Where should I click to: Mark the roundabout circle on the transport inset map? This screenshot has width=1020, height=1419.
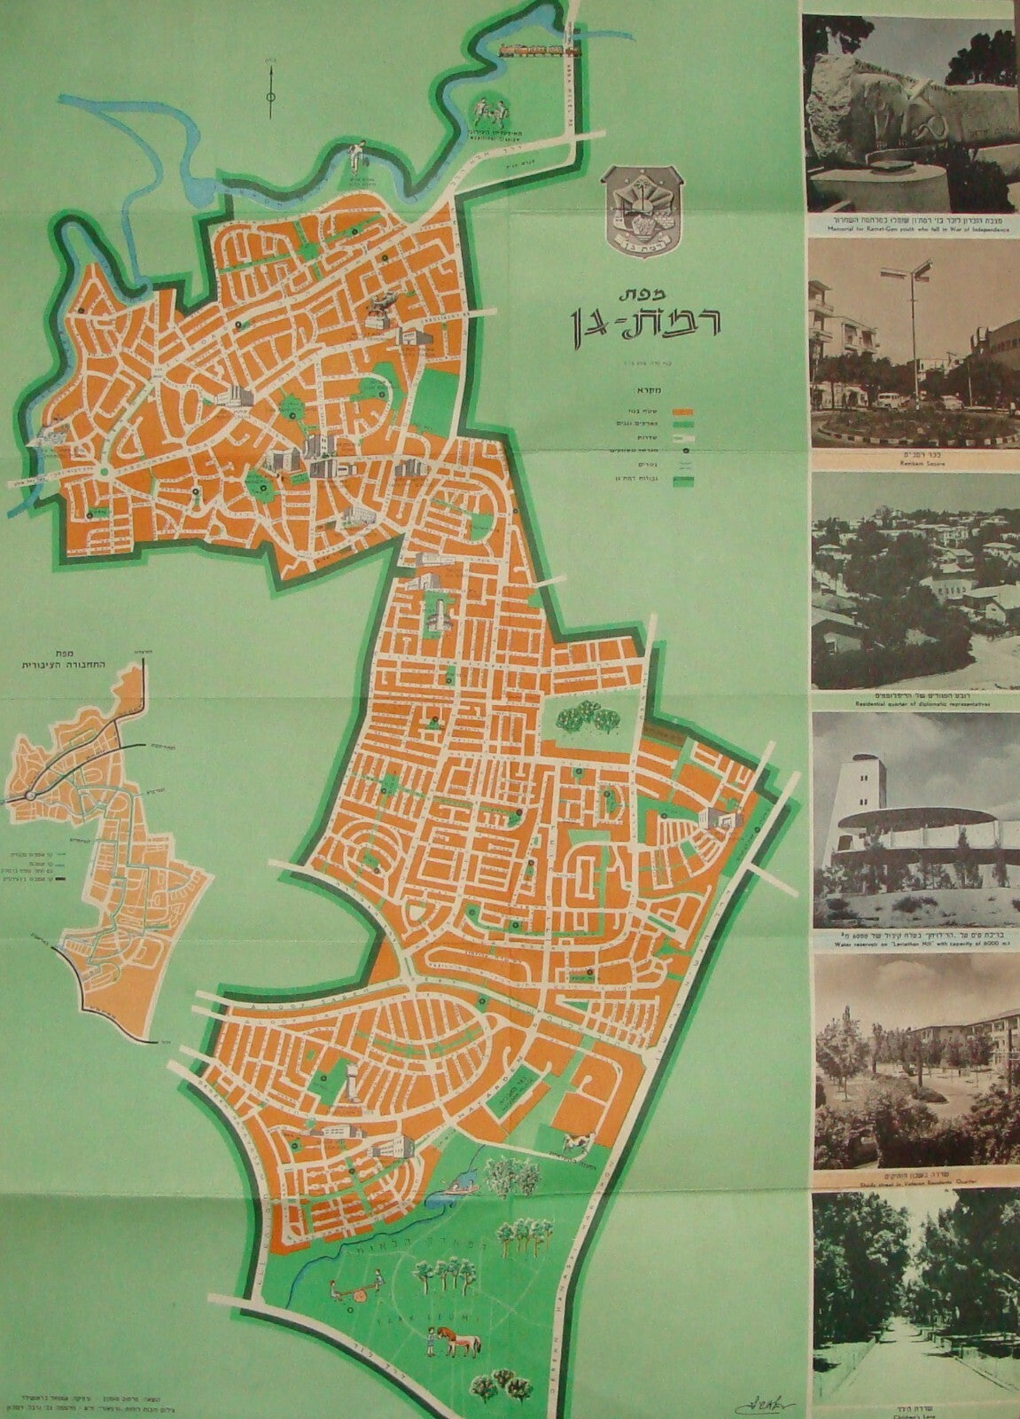point(30,795)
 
